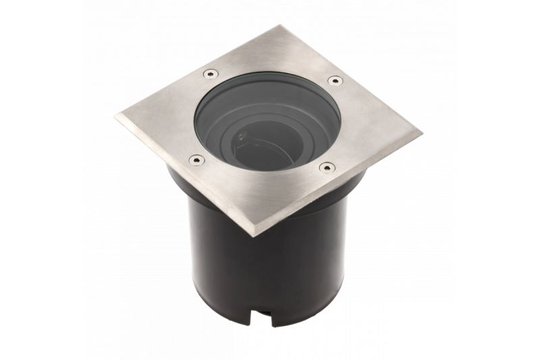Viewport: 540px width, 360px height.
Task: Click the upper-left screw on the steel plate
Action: point(210,73)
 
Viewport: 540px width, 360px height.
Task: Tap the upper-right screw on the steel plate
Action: point(335,80)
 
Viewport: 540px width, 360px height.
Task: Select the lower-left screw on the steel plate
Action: point(196,160)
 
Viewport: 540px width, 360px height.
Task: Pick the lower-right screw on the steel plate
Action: point(327,168)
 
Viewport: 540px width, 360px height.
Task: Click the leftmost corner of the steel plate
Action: point(116,116)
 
